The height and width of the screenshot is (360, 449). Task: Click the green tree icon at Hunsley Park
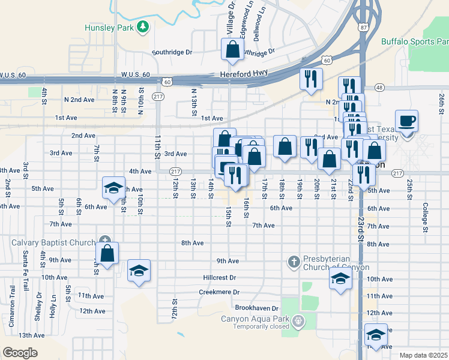[x=143, y=27]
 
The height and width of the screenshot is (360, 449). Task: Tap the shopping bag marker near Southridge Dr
[x=233, y=49]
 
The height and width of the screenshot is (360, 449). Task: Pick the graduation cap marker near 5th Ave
[x=113, y=188]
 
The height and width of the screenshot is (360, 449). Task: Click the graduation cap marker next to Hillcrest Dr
[x=139, y=271]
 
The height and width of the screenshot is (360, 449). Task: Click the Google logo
[x=20, y=353]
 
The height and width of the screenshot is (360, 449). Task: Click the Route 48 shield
[x=379, y=87]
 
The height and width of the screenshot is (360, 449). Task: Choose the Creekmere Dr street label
[x=219, y=292]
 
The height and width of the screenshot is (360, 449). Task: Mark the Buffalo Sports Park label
[x=414, y=42]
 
